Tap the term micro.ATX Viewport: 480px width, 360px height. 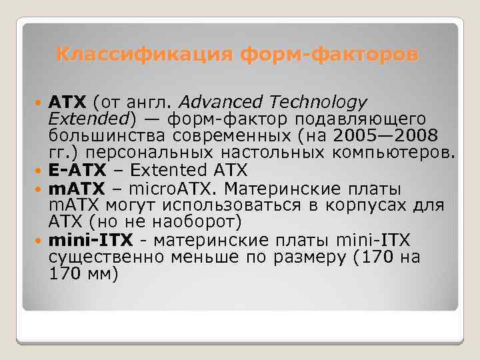163,187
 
